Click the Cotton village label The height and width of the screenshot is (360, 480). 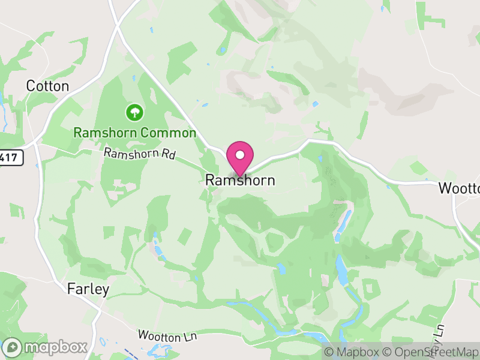click(x=47, y=86)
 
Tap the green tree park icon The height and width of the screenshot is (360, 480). click(x=134, y=112)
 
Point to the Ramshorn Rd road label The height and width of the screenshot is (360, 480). click(x=139, y=154)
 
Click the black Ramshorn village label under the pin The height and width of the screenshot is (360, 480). click(x=240, y=180)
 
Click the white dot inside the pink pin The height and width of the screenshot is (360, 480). click(x=240, y=155)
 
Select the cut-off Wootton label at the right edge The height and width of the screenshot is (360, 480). click(x=460, y=188)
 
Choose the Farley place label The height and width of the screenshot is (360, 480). click(x=88, y=290)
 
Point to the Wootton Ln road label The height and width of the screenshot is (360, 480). click(x=167, y=336)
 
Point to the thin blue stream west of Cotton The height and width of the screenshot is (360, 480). click(x=2, y=108)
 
